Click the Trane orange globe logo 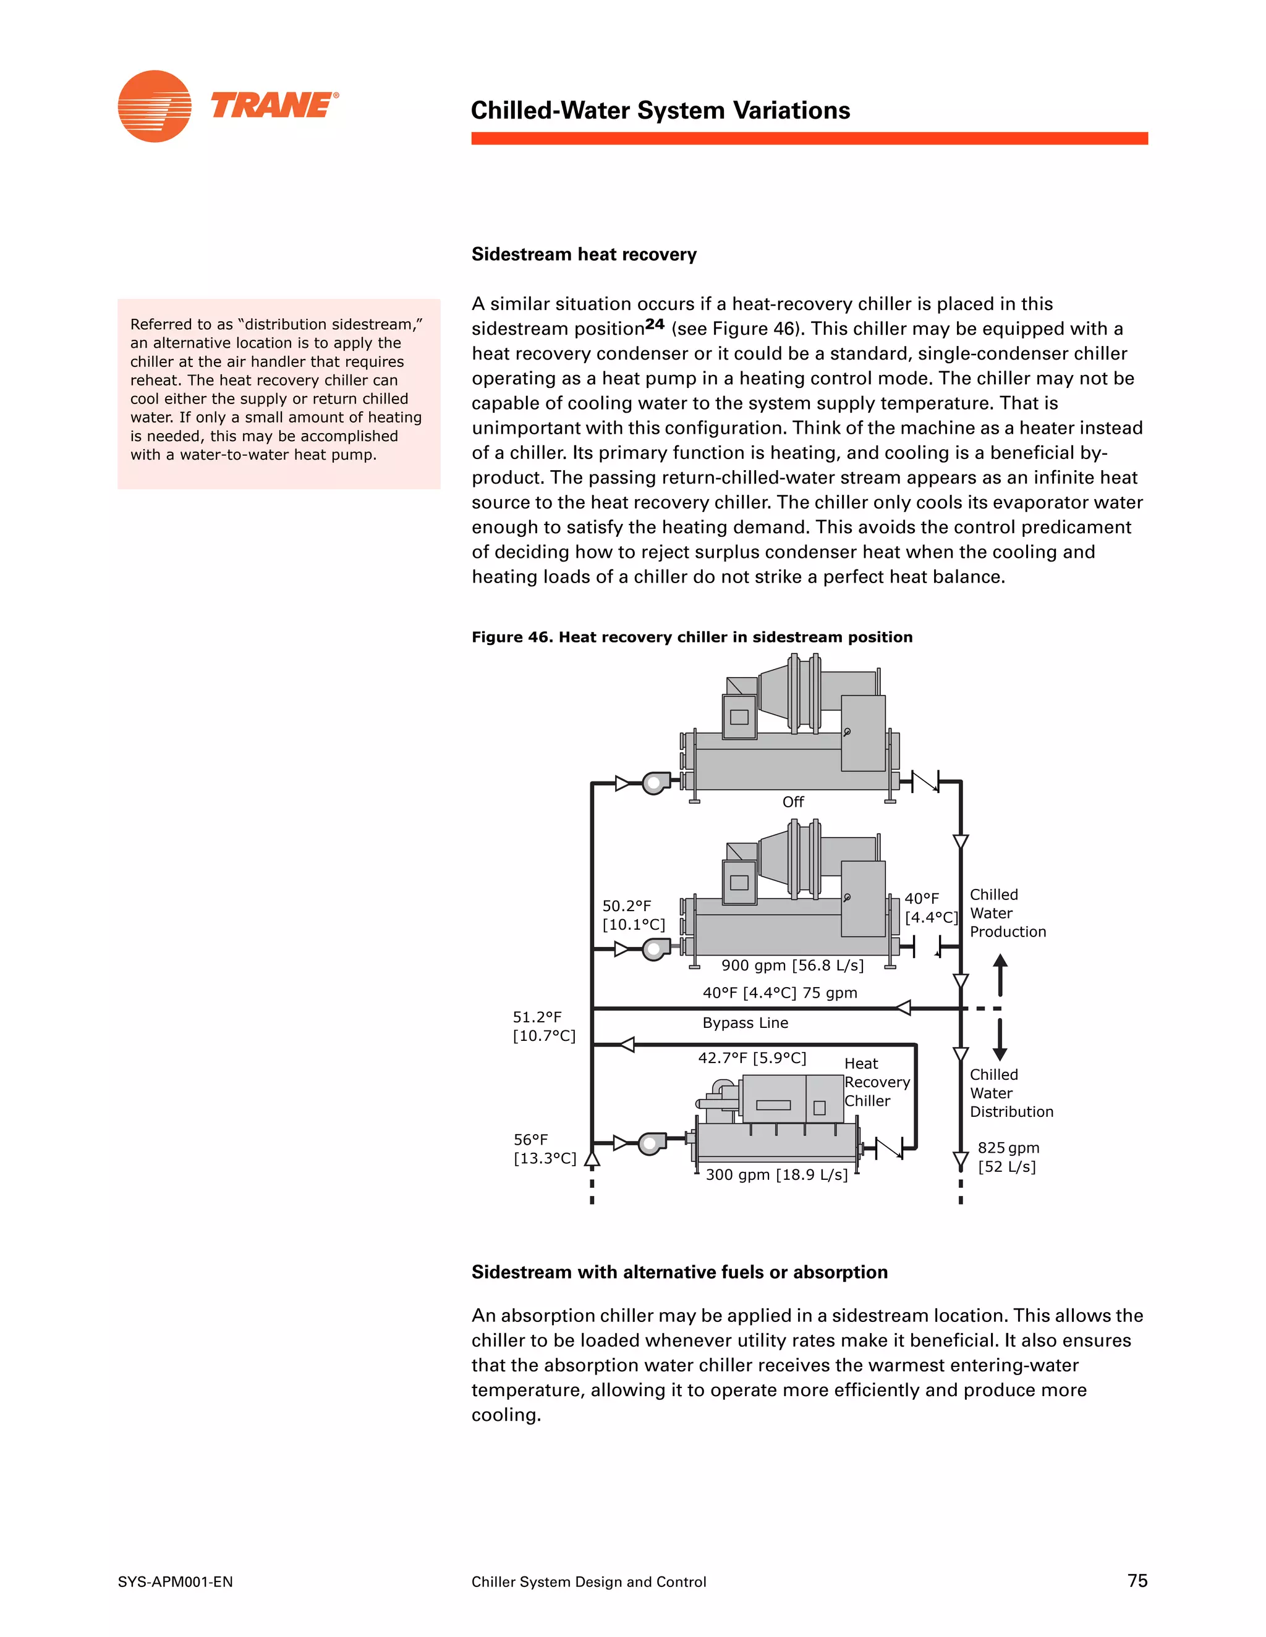[155, 106]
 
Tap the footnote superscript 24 [655, 324]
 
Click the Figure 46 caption [692, 636]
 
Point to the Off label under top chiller [792, 801]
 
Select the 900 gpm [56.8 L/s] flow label [792, 965]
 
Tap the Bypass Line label [745, 1022]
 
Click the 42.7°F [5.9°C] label [752, 1058]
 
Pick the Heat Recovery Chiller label [876, 1082]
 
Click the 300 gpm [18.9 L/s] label [776, 1174]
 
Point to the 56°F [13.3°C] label [545, 1148]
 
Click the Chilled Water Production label [1007, 913]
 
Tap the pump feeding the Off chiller [655, 783]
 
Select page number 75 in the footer [1137, 1580]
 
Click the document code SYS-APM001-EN [175, 1581]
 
